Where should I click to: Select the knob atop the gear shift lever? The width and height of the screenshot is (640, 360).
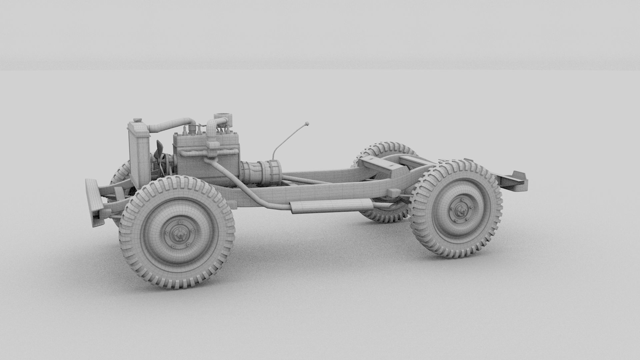click(306, 124)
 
